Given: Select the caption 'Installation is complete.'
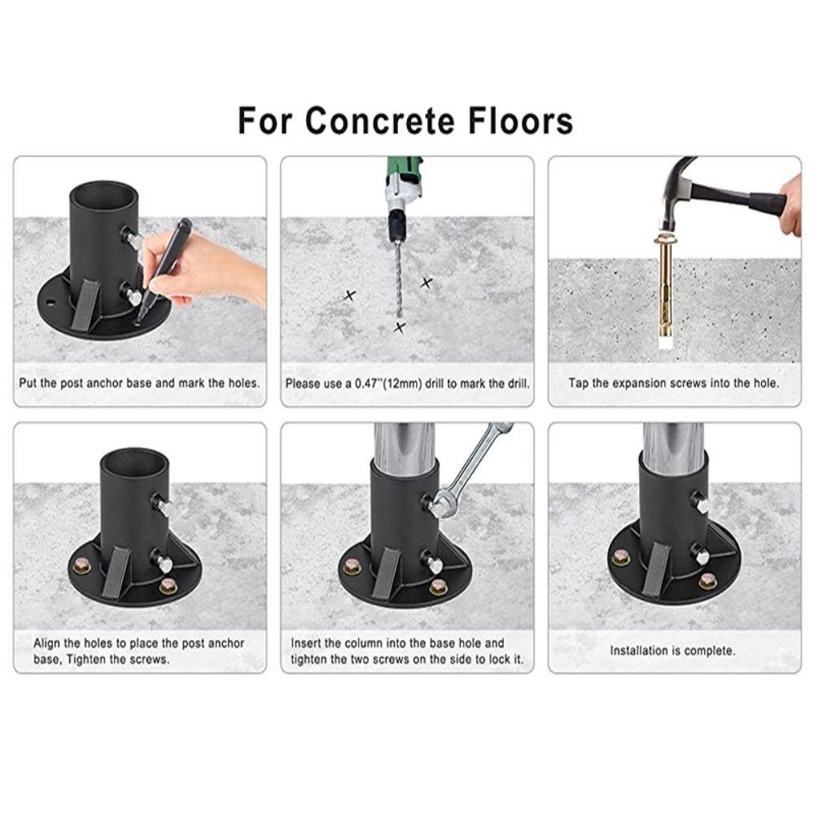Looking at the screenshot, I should [673, 650].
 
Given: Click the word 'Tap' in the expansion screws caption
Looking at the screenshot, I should [579, 383].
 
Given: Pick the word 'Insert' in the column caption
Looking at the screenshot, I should [306, 643].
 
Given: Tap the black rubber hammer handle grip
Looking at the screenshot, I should [766, 203].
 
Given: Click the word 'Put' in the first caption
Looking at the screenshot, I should [28, 383].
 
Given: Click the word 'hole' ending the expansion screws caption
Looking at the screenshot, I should [765, 383].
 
